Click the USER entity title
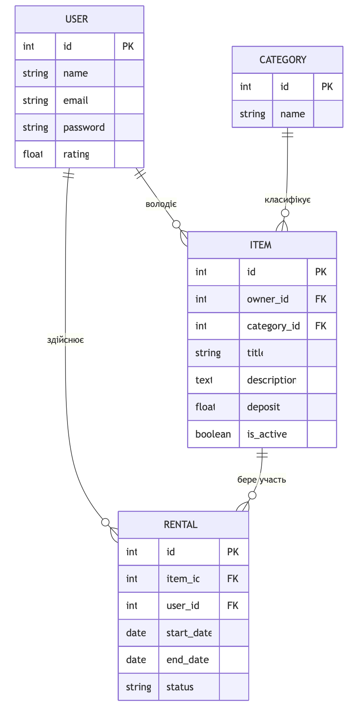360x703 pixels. point(77,19)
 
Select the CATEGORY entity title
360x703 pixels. point(283,60)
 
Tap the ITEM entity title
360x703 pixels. point(261,245)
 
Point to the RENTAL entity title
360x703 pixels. point(180,524)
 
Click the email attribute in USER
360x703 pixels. point(76,100)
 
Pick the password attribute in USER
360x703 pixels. point(84,127)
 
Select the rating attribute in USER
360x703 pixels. point(76,154)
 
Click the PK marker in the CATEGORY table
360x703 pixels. point(327,86)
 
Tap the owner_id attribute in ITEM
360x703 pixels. point(268,299)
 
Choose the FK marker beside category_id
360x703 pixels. point(321,326)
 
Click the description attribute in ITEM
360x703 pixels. point(272,380)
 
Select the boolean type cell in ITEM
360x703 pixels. point(213,434)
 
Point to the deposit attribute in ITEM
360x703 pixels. point(263,407)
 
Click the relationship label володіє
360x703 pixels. point(161,204)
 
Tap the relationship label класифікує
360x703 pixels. point(287,200)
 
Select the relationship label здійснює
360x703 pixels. point(66,340)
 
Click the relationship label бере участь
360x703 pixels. point(262,479)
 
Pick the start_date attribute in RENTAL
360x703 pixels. point(189,633)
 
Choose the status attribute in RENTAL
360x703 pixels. point(180,687)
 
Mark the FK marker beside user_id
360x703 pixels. point(233,605)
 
